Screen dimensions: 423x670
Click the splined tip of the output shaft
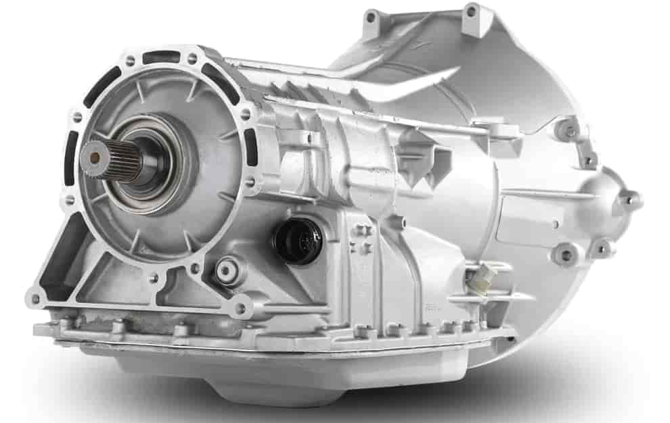pos(92,155)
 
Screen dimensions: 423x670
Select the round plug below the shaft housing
pos(224,272)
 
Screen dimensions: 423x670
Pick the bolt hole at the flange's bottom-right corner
pos(238,309)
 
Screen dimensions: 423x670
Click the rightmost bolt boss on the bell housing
pos(630,200)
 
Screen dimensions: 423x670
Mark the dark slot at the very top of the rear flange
pos(160,58)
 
